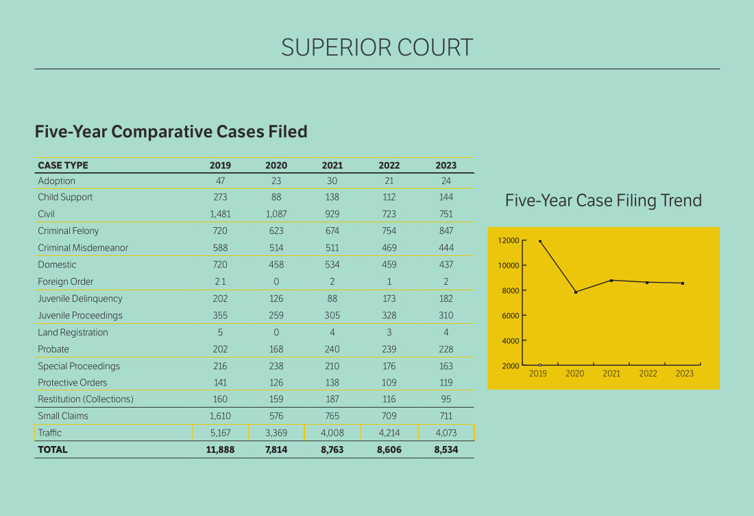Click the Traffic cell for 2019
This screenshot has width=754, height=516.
[x=221, y=433]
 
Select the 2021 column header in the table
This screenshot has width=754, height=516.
[x=332, y=165]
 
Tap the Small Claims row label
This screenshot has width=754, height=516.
[x=63, y=416]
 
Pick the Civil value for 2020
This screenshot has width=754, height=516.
[x=276, y=214]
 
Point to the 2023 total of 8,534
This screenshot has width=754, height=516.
[x=446, y=450]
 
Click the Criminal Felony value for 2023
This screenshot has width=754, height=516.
[x=446, y=231]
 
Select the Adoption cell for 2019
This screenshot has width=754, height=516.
[x=221, y=181]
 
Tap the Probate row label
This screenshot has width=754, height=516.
[x=53, y=349]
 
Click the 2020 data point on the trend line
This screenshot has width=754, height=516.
[x=576, y=292]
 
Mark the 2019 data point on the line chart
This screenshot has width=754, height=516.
[x=540, y=242]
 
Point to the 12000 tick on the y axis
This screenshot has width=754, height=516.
[x=508, y=241]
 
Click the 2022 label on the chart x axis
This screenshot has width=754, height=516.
[x=648, y=374]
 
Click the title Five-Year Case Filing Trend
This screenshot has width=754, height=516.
[x=603, y=200]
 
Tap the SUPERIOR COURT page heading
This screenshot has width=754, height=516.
[x=377, y=47]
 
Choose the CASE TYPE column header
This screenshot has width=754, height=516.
[x=63, y=165]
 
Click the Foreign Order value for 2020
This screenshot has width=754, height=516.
[x=276, y=282]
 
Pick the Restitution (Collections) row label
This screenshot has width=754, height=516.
[x=86, y=399]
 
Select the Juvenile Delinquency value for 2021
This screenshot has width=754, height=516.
[x=332, y=298]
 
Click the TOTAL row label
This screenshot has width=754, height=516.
[x=53, y=450]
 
